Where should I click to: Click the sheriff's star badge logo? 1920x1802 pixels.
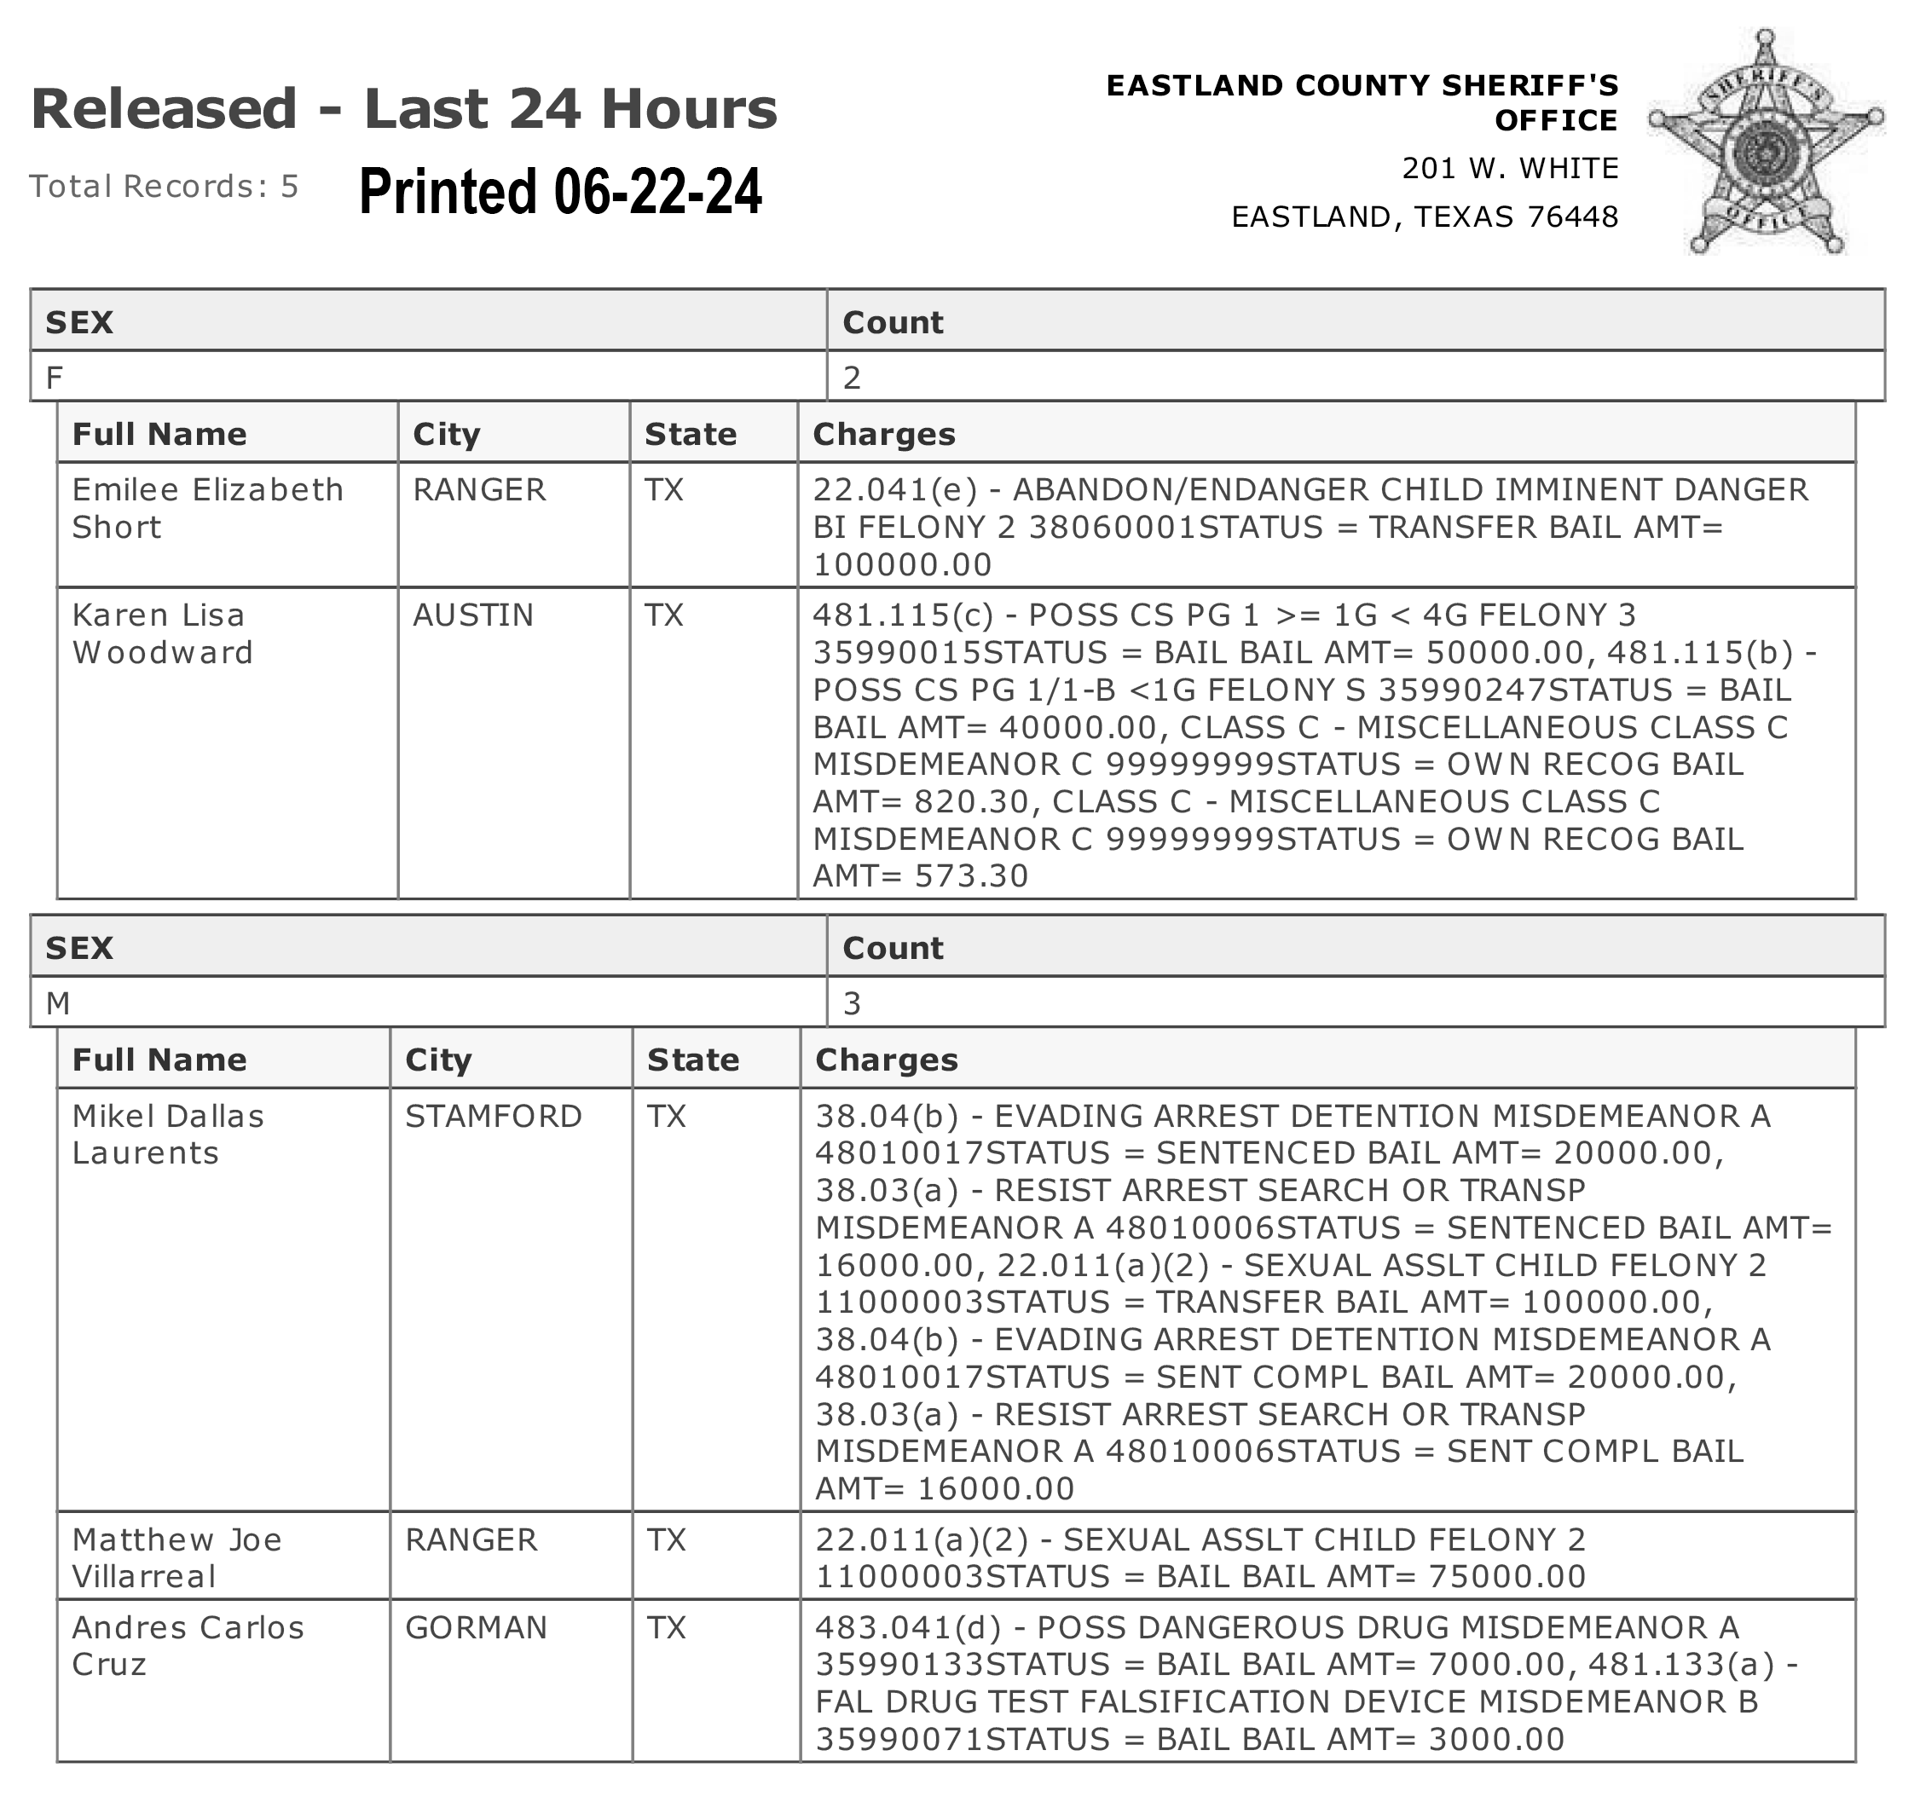pyautogui.click(x=1766, y=143)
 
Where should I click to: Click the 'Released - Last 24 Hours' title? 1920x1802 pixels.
pyautogui.click(x=404, y=108)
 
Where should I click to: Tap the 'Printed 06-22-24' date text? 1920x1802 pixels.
pyautogui.click(x=560, y=190)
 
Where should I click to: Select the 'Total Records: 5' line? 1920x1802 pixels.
pyautogui.click(x=165, y=186)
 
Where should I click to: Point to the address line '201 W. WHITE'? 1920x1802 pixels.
pyautogui.click(x=1510, y=168)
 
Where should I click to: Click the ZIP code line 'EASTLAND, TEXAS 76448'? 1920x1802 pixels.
pyautogui.click(x=1424, y=217)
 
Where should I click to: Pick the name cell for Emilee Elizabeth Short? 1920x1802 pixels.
pyautogui.click(x=208, y=508)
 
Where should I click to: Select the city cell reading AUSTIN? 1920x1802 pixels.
pyautogui.click(x=473, y=615)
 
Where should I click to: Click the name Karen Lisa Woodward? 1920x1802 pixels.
pyautogui.click(x=162, y=633)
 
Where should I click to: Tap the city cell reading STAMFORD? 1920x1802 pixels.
pyautogui.click(x=494, y=1116)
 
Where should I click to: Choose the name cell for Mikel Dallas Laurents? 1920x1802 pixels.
pyautogui.click(x=168, y=1134)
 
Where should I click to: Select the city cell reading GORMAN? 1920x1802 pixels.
pyautogui.click(x=476, y=1627)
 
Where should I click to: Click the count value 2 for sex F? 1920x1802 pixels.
pyautogui.click(x=852, y=377)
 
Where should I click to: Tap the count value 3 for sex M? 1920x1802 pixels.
pyautogui.click(x=852, y=1003)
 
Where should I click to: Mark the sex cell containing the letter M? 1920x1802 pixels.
pyautogui.click(x=58, y=1003)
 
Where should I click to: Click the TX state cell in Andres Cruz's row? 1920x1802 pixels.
pyautogui.click(x=667, y=1627)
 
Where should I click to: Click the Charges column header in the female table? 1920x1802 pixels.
pyautogui.click(x=884, y=434)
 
